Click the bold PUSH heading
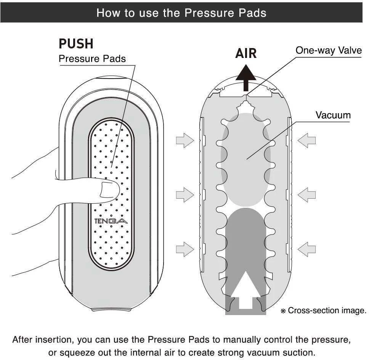tap(76, 44)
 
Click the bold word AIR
tap(246, 53)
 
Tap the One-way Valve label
tap(329, 50)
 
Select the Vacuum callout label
tap(333, 115)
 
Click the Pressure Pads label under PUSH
tap(92, 59)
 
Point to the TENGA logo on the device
tap(111, 221)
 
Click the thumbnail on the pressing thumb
tap(109, 189)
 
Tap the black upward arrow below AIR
tap(246, 78)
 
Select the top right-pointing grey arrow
tap(185, 141)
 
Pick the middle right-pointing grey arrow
tap(185, 195)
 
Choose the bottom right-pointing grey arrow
tap(185, 249)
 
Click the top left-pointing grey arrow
tap(306, 141)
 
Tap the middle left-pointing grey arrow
tap(306, 195)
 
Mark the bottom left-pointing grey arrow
tap(306, 249)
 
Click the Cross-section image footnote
tap(324, 310)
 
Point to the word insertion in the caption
tap(55, 339)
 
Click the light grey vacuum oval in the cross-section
tap(246, 160)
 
